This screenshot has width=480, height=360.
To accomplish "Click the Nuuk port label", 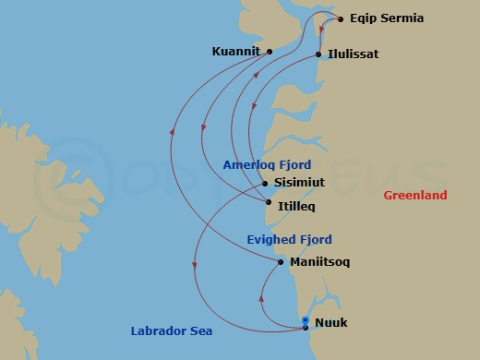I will click(x=332, y=324).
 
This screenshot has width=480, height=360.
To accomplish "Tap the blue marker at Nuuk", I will click(x=306, y=322).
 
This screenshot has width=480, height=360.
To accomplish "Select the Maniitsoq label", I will click(x=320, y=262).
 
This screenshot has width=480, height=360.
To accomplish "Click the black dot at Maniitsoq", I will click(x=281, y=262).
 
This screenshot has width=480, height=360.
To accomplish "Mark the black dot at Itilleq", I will click(x=268, y=202).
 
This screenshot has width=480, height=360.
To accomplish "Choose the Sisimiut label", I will click(x=298, y=183).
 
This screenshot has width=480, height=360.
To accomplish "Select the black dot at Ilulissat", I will click(x=319, y=54).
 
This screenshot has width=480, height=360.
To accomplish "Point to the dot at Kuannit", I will click(x=269, y=52).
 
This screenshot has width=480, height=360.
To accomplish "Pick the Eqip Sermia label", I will click(x=387, y=18).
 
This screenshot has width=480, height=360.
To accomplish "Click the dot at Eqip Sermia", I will click(x=342, y=18).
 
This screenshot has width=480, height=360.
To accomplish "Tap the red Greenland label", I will click(x=416, y=195).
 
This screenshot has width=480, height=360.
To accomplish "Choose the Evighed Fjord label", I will click(x=289, y=239).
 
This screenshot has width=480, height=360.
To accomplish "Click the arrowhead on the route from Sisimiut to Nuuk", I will click(x=195, y=268).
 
